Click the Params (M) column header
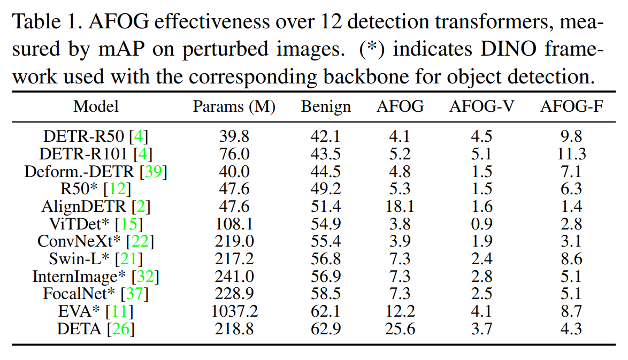(x=234, y=107)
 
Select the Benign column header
(x=326, y=107)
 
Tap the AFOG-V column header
(x=481, y=107)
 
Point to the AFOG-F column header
(x=572, y=107)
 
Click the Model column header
(x=96, y=106)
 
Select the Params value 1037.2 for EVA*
(x=234, y=311)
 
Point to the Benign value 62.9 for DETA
(x=326, y=329)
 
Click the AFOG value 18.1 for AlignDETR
(x=400, y=206)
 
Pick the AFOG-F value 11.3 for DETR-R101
(x=572, y=154)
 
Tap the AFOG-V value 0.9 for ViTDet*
(x=481, y=224)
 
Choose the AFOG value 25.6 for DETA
(x=400, y=329)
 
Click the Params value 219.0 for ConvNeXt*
(x=234, y=241)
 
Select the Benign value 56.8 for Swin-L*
(x=326, y=259)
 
